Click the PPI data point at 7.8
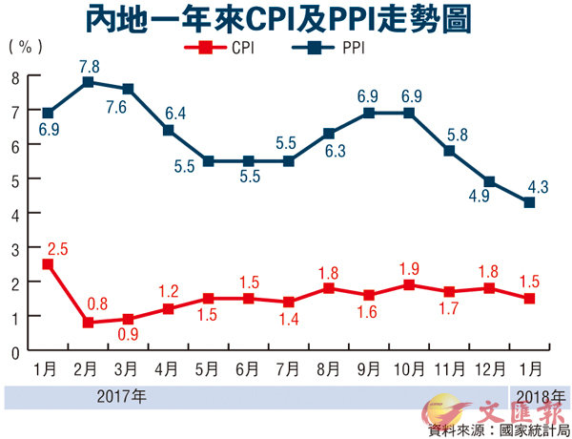point(88,82)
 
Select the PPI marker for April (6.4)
point(169,130)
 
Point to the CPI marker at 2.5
point(48,263)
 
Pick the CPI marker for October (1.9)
point(409,284)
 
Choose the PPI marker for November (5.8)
point(449,150)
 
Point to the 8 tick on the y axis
point(14,76)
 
